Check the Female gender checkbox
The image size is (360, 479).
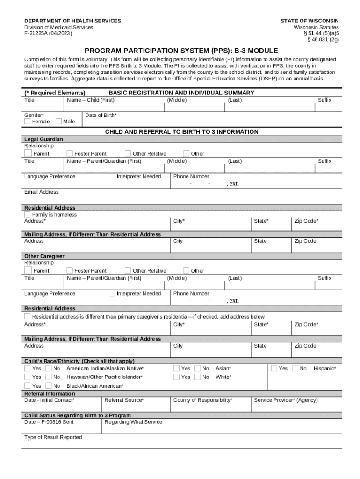point(28,122)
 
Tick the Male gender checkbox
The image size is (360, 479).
point(58,122)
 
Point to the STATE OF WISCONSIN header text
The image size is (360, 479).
point(310,21)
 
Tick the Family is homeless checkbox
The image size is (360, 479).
point(28,214)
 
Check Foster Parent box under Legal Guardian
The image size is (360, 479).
point(70,153)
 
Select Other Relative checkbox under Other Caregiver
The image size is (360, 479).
point(128,270)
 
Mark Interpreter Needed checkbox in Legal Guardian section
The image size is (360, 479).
point(112,176)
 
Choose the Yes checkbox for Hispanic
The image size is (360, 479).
point(274,368)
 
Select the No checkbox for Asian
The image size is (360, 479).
point(198,368)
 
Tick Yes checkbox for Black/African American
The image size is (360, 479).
point(28,386)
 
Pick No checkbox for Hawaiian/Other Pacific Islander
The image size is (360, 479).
point(49,377)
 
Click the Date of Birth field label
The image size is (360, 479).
point(101,115)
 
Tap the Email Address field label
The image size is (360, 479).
point(42,192)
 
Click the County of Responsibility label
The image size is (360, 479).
point(203,400)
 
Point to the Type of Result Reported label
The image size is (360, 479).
point(53,437)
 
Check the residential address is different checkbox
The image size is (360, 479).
point(28,317)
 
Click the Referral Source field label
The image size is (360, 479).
point(124,400)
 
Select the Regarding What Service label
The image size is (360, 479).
point(133,422)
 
